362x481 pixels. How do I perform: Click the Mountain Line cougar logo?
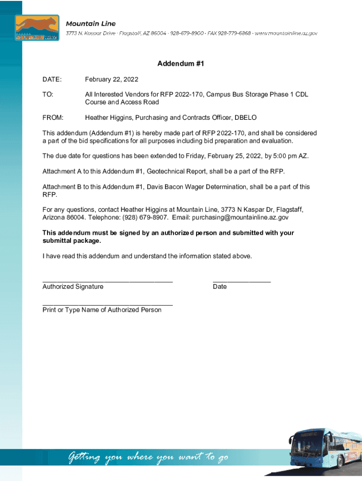[x=37, y=28]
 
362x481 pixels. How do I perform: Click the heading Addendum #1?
[x=181, y=63]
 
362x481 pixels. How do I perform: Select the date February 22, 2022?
[x=111, y=79]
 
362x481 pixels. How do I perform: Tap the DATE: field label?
[x=52, y=79]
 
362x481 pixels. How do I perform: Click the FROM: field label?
[x=53, y=117]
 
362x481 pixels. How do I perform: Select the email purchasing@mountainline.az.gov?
[x=240, y=217]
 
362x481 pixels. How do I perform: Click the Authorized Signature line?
[x=107, y=281]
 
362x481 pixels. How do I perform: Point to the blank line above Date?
[x=242, y=281]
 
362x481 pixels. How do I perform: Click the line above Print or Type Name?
[x=107, y=304]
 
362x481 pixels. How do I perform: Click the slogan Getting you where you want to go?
[x=149, y=457]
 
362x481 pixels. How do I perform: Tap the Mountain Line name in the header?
[x=90, y=23]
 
